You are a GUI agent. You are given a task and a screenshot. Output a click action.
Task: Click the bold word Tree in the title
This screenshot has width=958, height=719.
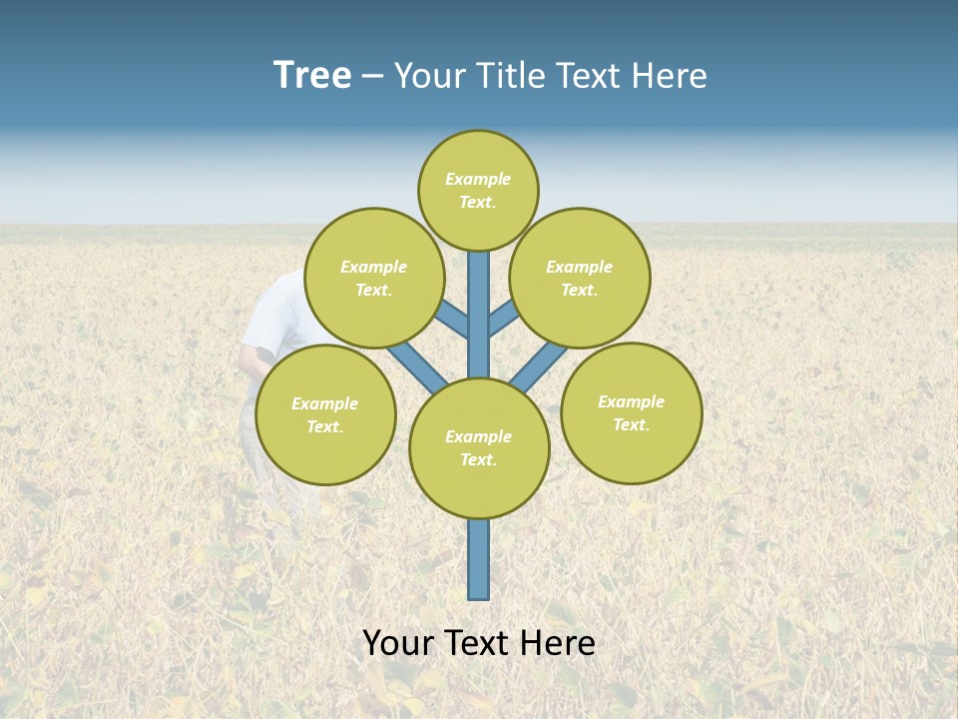[312, 76]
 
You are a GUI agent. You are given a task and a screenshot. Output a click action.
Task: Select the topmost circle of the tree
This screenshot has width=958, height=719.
[478, 190]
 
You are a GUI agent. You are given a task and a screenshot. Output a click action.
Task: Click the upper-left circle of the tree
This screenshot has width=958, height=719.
[373, 278]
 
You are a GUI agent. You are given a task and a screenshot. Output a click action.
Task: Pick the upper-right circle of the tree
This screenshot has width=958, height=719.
[580, 278]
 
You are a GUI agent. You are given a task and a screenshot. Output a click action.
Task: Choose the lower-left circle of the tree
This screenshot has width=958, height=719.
[325, 414]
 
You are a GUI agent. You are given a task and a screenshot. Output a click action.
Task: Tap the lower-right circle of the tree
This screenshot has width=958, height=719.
[631, 412]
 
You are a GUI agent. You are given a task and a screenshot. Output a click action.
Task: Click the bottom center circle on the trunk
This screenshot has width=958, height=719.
[479, 448]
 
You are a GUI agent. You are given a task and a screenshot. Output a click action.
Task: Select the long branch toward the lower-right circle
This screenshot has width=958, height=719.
[539, 367]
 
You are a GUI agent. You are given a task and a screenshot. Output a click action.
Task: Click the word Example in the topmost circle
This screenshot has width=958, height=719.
[478, 179]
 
